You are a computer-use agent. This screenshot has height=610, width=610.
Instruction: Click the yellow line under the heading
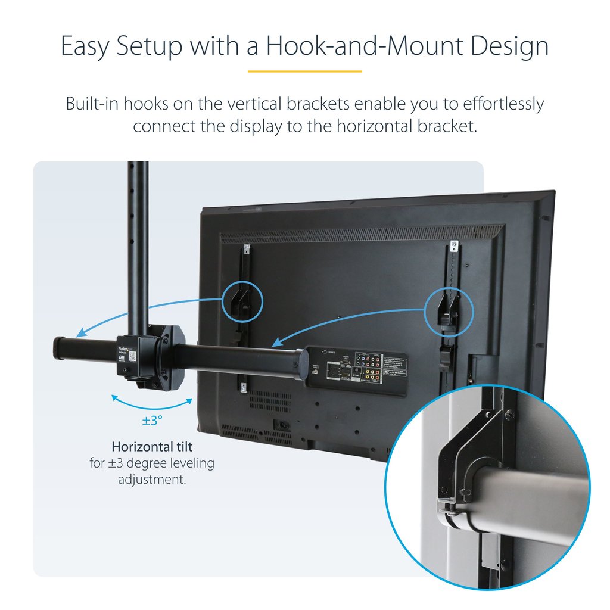tap(304, 71)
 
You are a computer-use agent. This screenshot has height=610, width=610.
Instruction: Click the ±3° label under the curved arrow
tap(152, 421)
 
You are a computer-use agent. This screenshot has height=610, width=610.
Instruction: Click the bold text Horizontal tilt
tap(152, 446)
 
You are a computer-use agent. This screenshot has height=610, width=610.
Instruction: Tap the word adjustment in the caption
tap(152, 479)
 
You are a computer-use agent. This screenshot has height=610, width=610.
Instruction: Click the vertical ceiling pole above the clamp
tap(138, 238)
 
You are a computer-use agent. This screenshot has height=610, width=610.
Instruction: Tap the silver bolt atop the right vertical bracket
tap(453, 244)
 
